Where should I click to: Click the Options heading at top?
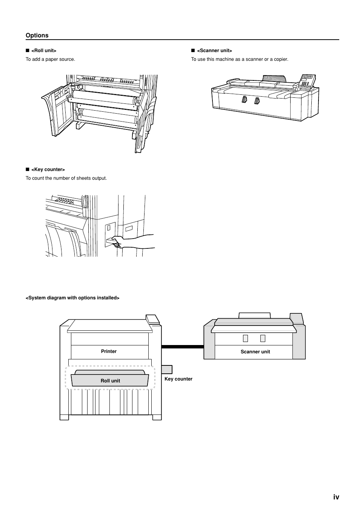(37, 35)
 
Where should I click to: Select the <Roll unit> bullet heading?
(44, 51)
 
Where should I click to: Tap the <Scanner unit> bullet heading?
(214, 51)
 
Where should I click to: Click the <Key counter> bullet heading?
(48, 170)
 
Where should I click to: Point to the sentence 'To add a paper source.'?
(50, 59)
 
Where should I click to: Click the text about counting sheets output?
(66, 178)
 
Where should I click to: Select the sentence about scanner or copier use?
(239, 59)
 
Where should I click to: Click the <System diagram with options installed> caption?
(72, 298)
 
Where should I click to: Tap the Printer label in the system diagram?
(109, 351)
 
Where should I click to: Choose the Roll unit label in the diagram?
(110, 381)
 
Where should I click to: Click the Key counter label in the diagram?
(178, 379)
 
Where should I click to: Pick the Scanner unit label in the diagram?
(255, 352)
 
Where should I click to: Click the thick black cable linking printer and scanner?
(182, 346)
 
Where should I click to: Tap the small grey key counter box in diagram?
(167, 370)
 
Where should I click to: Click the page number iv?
(336, 497)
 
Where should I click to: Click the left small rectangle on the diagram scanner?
(245, 338)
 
